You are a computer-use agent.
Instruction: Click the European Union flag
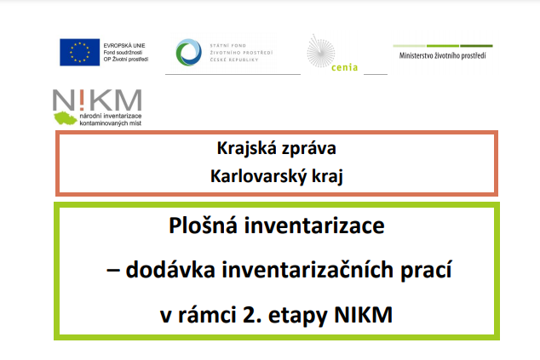pyautogui.click(x=79, y=52)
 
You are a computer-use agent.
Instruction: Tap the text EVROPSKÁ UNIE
pyautogui.click(x=124, y=45)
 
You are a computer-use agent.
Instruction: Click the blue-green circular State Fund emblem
pyautogui.click(x=189, y=52)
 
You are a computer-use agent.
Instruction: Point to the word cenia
pyautogui.click(x=344, y=67)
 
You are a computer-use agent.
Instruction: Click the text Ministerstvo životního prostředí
pyautogui.click(x=443, y=56)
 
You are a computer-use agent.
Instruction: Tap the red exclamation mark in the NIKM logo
pyautogui.click(x=82, y=100)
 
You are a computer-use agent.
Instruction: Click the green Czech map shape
pyautogui.click(x=65, y=118)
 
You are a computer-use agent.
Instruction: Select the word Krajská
pyautogui.click(x=247, y=149)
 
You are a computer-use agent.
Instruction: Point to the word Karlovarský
pyautogui.click(x=258, y=177)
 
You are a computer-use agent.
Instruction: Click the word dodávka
pyautogui.click(x=170, y=270)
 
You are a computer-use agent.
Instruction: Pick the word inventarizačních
pyautogui.click(x=307, y=270)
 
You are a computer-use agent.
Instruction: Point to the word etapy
pyautogui.click(x=298, y=316)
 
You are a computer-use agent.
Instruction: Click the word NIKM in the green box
pyautogui.click(x=364, y=315)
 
